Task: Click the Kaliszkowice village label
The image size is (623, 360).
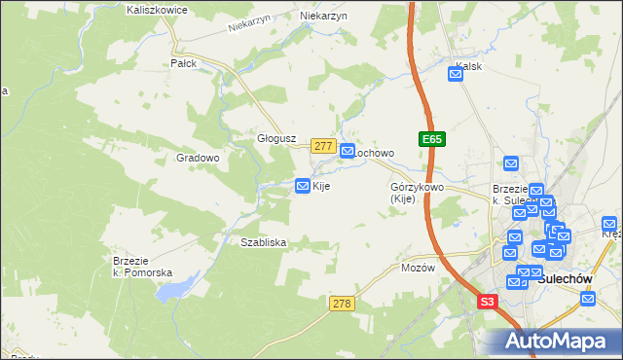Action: (157, 9)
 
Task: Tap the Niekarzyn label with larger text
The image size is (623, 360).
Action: (324, 17)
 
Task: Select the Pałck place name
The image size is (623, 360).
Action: (184, 63)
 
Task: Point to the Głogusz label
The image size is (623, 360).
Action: (275, 138)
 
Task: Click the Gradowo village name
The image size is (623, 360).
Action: (198, 157)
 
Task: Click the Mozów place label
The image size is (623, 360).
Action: (415, 267)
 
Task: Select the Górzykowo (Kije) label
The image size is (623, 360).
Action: (417, 193)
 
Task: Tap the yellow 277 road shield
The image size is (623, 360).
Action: (324, 145)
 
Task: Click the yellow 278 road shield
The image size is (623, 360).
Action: (341, 305)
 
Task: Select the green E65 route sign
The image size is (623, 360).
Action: (432, 140)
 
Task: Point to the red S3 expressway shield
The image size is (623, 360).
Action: (488, 304)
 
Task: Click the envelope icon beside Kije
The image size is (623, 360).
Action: (303, 185)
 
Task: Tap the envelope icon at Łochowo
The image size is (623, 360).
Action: (348, 151)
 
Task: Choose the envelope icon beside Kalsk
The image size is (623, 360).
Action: (455, 72)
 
